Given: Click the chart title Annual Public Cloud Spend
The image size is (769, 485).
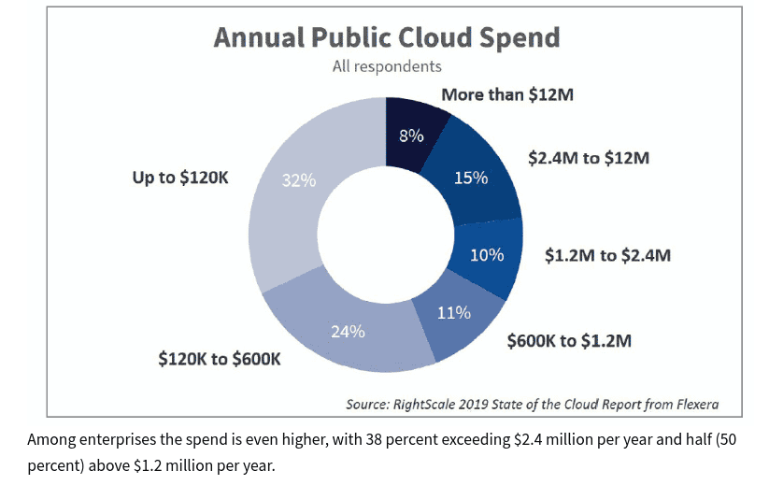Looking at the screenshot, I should (x=387, y=36).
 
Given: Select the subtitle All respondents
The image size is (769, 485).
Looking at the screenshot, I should (x=387, y=66).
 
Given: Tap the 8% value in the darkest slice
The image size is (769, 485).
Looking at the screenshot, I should (x=411, y=136).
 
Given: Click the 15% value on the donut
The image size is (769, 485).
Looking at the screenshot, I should (x=471, y=178).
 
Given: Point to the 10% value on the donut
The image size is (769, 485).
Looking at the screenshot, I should (x=487, y=254).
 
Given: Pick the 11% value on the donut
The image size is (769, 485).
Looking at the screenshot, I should (x=454, y=312).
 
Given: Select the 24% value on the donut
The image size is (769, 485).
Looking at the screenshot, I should (x=348, y=331).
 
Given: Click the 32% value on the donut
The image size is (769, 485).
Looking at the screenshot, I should (x=299, y=180).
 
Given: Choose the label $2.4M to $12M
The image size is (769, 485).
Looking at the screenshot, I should (x=588, y=158).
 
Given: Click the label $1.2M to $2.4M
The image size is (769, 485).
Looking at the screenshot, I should (x=608, y=254).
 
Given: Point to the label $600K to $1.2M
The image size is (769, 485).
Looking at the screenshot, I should (x=569, y=341).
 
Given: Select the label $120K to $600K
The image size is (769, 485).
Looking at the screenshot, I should (x=221, y=359).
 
